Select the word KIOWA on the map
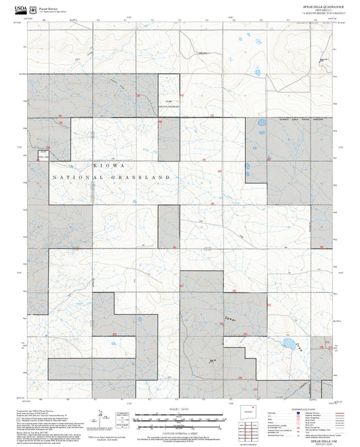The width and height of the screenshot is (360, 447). click(106, 165)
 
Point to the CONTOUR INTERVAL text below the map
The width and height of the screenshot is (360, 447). click(180, 432)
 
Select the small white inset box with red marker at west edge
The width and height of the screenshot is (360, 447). click(43, 155)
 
